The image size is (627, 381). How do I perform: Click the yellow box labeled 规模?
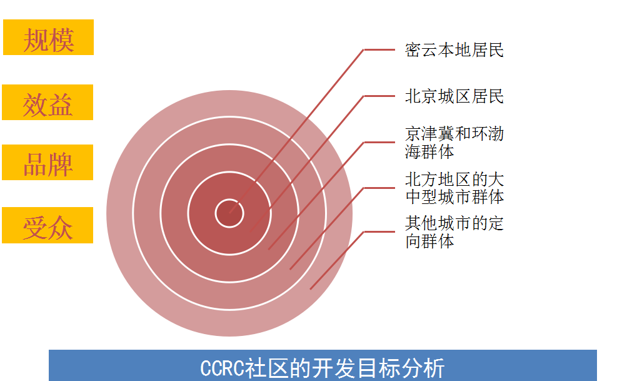tap(48, 37)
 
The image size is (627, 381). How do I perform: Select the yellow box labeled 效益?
tap(48, 102)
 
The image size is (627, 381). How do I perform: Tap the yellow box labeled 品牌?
tap(48, 163)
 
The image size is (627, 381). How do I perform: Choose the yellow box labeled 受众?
tap(48, 225)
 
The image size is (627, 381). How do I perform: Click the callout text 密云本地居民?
tap(454, 50)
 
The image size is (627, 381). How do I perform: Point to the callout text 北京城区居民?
tap(454, 96)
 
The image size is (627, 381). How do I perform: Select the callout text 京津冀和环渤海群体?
tap(454, 143)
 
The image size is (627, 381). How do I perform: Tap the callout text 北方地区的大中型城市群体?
tap(454, 188)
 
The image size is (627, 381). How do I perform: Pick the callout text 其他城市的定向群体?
tap(454, 233)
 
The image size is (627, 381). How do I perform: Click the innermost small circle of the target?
tap(229, 213)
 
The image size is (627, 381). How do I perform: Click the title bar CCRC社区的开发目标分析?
tap(323, 365)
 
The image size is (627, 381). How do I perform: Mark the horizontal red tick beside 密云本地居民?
tap(379, 49)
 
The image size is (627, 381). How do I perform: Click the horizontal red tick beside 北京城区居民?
tap(379, 96)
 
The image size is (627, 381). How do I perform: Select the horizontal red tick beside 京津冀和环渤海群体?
tap(379, 142)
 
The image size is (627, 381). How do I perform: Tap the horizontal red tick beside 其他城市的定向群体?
tap(379, 231)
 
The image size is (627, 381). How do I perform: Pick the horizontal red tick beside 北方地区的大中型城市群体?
tap(379, 188)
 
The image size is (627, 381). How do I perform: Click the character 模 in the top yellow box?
tap(61, 40)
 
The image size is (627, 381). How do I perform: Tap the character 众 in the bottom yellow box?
tap(61, 228)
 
